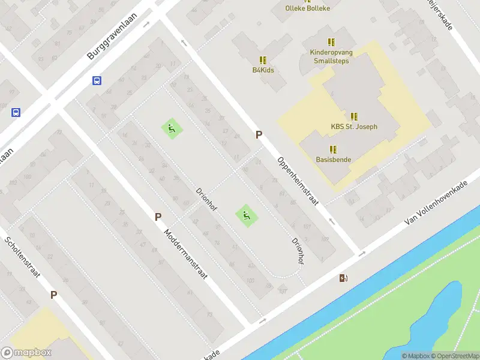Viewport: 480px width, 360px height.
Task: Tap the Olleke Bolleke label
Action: coord(308,8)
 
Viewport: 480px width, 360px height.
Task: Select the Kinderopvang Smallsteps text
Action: coord(331,56)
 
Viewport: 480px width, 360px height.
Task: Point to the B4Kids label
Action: coord(262,70)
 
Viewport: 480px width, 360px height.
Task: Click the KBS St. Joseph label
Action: coord(354,127)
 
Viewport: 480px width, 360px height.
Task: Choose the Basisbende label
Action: coord(334,160)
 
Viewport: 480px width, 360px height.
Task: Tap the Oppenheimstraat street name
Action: coord(297,181)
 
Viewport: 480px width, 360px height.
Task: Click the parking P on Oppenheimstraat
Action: coord(259,135)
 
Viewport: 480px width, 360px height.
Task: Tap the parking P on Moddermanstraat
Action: coord(158,217)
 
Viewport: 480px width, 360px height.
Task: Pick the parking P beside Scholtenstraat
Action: coord(53,295)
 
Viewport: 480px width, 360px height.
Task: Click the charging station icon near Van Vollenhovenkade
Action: coord(344,278)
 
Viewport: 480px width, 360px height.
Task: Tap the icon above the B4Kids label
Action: coord(262,60)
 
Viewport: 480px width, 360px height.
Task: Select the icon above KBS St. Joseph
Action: coord(354,116)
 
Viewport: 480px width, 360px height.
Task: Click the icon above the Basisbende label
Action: coord(333,149)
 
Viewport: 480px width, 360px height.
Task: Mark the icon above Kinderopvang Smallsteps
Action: coord(331,42)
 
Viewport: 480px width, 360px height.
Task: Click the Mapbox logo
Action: coord(26,353)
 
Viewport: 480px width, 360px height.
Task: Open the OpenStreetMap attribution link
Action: coord(455,356)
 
